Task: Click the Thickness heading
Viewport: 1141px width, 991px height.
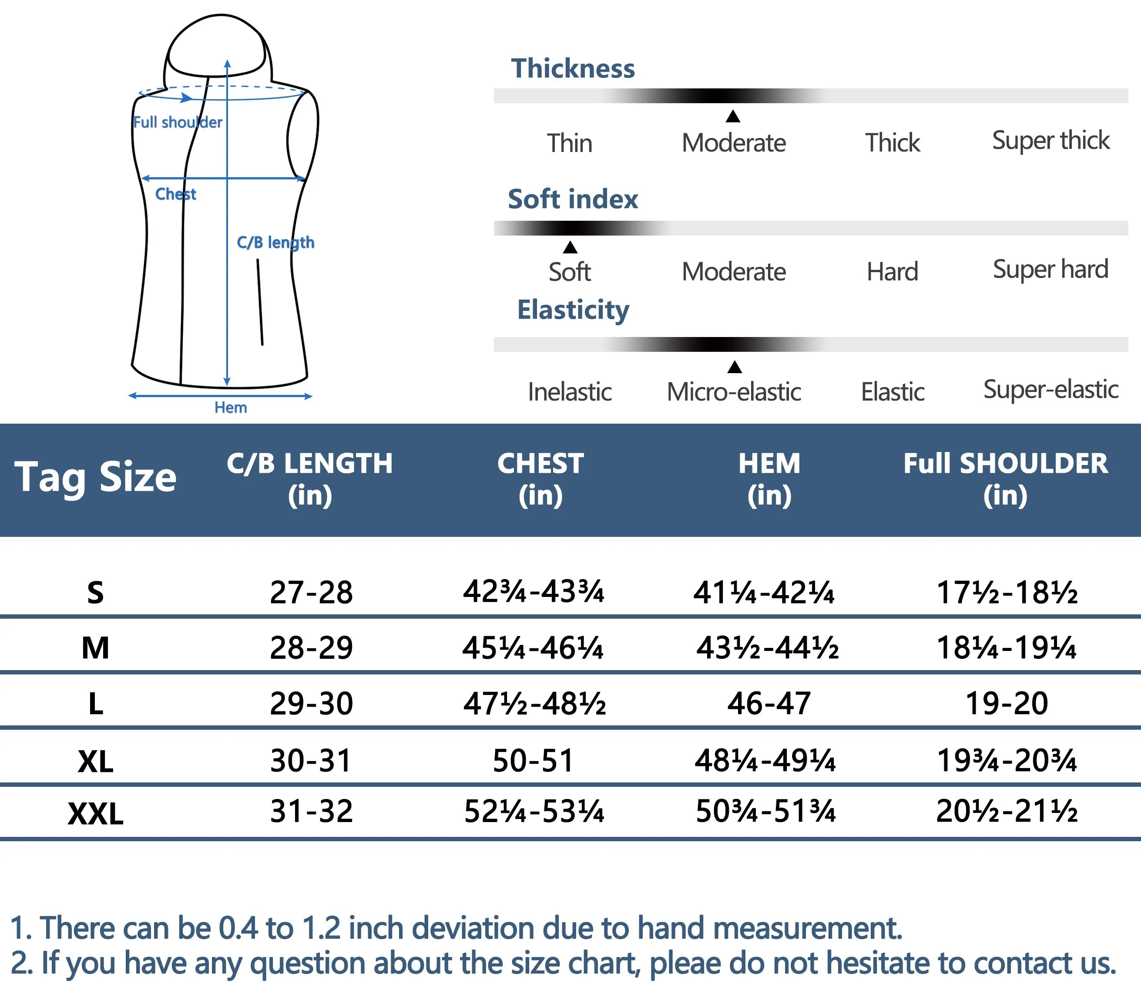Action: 573,68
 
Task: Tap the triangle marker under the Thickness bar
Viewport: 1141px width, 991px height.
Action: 733,116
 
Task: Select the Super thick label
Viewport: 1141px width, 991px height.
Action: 1050,141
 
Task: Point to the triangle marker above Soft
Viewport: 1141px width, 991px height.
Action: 570,247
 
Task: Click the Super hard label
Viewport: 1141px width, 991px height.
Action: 1050,270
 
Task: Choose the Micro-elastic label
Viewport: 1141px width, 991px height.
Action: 734,392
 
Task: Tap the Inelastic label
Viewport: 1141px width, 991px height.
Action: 569,392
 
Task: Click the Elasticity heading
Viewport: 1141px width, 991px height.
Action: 573,310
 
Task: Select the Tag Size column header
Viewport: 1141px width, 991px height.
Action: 95,477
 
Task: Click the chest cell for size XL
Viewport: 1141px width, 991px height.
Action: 533,760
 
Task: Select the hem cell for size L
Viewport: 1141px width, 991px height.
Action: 768,704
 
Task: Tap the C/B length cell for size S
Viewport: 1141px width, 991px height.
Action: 311,592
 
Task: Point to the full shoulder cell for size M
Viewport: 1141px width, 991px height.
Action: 1006,647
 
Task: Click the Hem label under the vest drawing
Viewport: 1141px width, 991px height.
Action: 231,408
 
